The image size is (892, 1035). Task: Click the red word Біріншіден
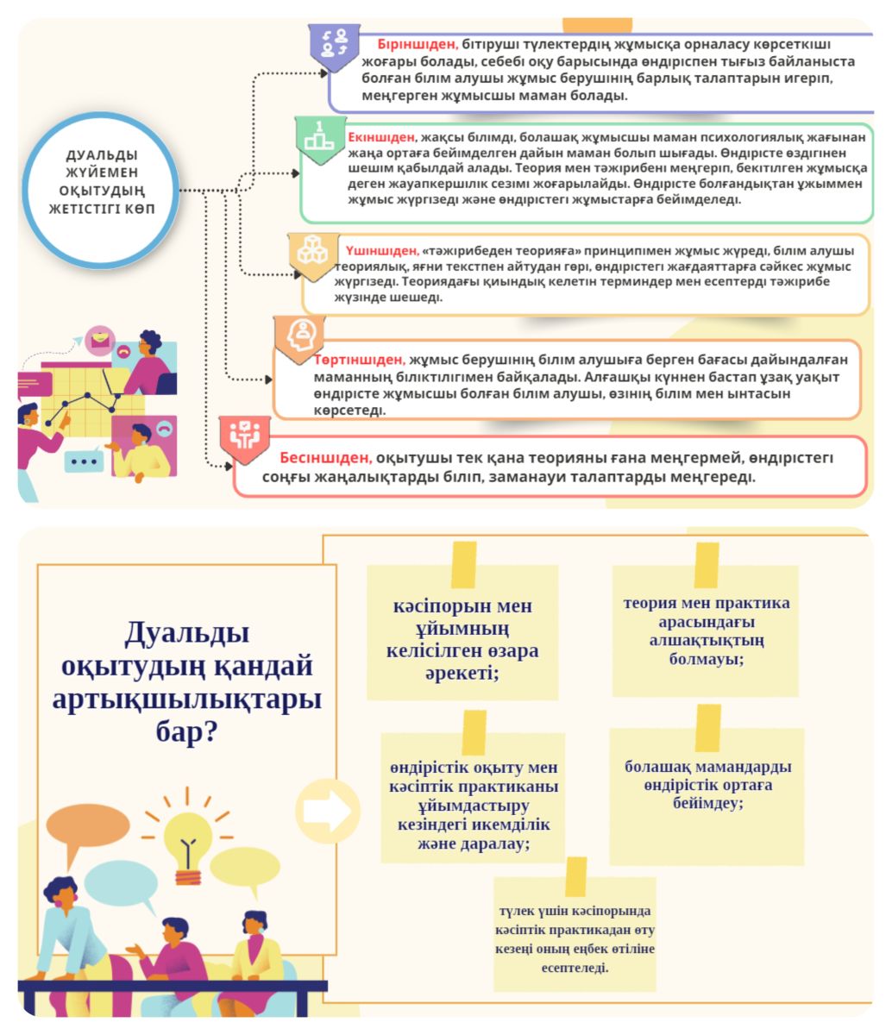[418, 45]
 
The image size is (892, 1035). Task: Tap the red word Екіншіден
[381, 137]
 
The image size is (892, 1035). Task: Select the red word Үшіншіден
[382, 250]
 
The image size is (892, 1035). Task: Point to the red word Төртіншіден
[360, 360]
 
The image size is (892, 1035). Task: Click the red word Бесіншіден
[325, 458]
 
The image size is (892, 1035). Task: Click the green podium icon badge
[320, 141]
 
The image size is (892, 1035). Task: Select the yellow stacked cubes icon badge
[313, 256]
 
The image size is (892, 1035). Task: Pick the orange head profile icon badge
[299, 339]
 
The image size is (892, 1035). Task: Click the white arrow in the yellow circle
[327, 811]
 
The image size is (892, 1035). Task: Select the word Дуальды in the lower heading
[187, 633]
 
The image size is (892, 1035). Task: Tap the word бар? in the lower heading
[187, 732]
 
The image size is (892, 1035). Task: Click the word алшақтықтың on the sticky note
[707, 641]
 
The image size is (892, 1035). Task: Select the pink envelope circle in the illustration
[100, 341]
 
